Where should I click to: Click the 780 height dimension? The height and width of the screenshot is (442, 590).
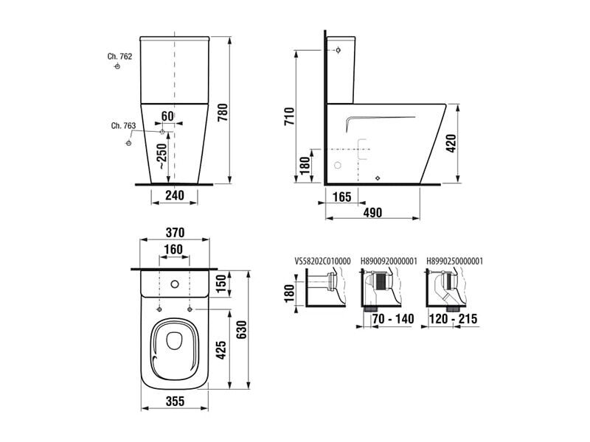pyautogui.click(x=222, y=113)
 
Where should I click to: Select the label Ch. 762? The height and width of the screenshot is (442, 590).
pyautogui.click(x=119, y=57)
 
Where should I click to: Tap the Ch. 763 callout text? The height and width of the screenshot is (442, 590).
pyautogui.click(x=123, y=125)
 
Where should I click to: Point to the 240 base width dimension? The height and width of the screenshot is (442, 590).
pyautogui.click(x=175, y=195)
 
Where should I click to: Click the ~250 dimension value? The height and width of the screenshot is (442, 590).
pyautogui.click(x=162, y=156)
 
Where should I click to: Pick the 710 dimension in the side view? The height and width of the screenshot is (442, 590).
pyautogui.click(x=289, y=116)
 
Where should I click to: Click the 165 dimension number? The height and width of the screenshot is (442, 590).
pyautogui.click(x=341, y=197)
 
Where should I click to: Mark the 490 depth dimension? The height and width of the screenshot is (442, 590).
pyautogui.click(x=372, y=212)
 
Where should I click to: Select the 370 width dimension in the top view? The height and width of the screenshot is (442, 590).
pyautogui.click(x=175, y=233)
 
